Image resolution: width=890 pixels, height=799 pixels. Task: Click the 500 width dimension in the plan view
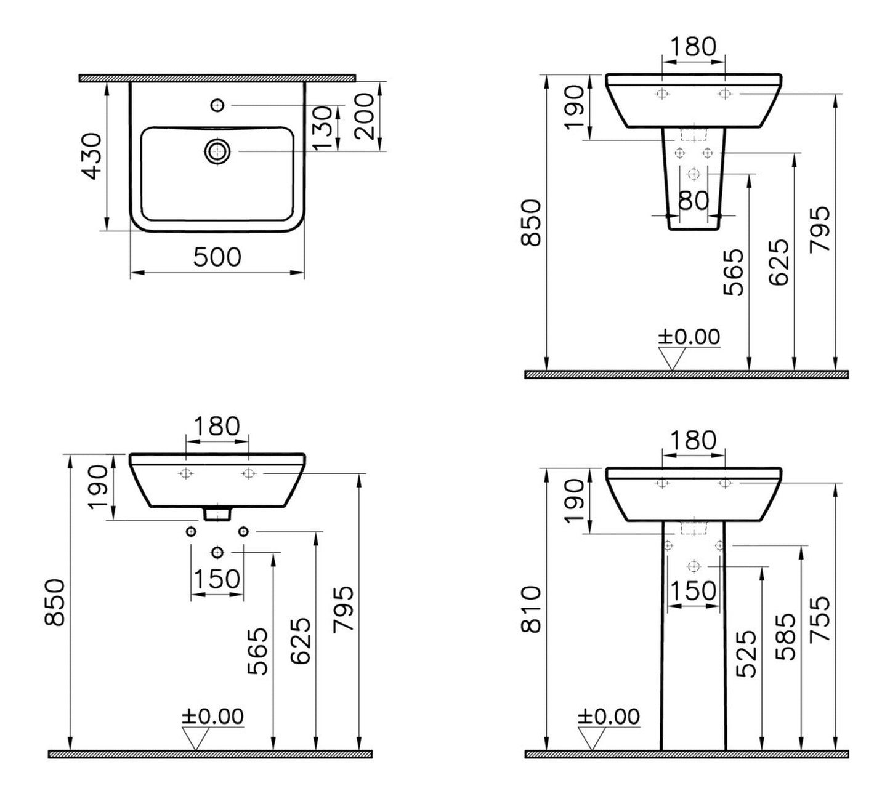217,257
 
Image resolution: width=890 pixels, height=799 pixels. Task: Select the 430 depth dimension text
93,156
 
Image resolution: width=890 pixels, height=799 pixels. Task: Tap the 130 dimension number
326,128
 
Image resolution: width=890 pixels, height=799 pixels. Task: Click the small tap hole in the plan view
217,106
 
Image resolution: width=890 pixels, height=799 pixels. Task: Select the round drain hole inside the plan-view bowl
217,151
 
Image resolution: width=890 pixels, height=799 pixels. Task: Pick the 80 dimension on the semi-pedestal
694,200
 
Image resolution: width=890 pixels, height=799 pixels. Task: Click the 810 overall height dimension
531,609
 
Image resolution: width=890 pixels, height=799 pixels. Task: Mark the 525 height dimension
746,653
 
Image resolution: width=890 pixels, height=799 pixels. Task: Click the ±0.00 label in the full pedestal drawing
609,717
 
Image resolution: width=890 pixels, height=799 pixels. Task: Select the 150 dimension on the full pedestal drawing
694,590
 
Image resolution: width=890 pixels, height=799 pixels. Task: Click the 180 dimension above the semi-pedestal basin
693,46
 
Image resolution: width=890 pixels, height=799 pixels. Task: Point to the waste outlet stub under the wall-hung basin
217,512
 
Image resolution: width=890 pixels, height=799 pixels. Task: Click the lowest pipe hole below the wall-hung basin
217,552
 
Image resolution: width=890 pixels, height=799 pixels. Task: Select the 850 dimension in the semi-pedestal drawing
531,222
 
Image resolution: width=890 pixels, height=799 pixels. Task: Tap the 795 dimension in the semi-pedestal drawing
820,230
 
